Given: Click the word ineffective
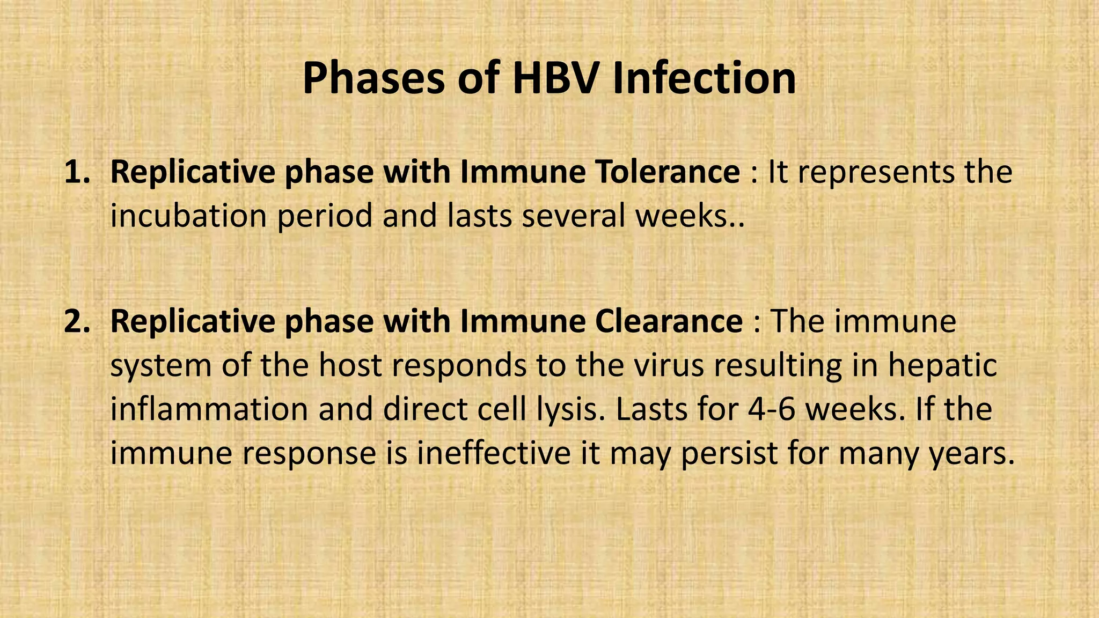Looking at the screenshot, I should (x=493, y=453).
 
